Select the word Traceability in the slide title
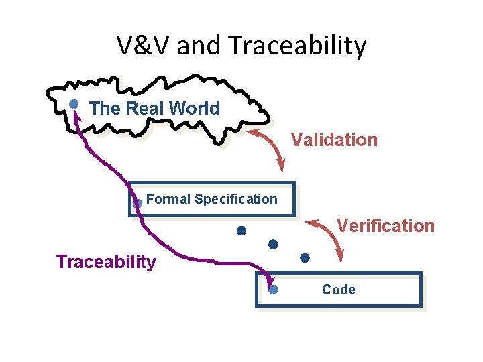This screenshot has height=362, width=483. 298,46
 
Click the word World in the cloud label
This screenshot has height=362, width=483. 194,109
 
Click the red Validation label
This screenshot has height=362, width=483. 334,140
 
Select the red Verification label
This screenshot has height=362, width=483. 386,225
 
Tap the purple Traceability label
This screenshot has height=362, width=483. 106,261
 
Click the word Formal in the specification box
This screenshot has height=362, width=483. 168,199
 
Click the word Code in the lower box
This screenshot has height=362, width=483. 339,290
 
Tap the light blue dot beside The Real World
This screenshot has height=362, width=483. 74,104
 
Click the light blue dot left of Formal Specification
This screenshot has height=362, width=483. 137,202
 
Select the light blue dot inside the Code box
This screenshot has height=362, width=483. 273,290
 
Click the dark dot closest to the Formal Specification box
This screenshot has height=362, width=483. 241,231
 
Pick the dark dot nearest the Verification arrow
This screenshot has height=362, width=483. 305,257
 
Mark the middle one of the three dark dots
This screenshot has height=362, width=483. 273,244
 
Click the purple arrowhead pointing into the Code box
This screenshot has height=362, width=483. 270,282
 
